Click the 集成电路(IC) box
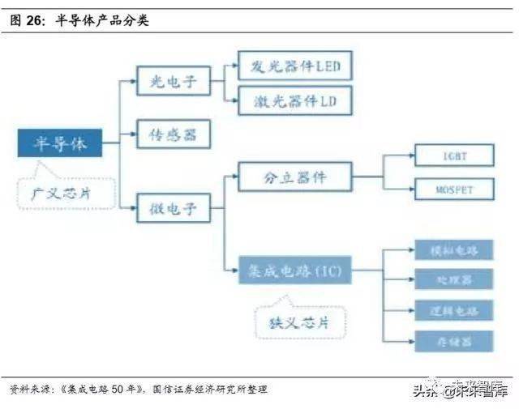295,268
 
